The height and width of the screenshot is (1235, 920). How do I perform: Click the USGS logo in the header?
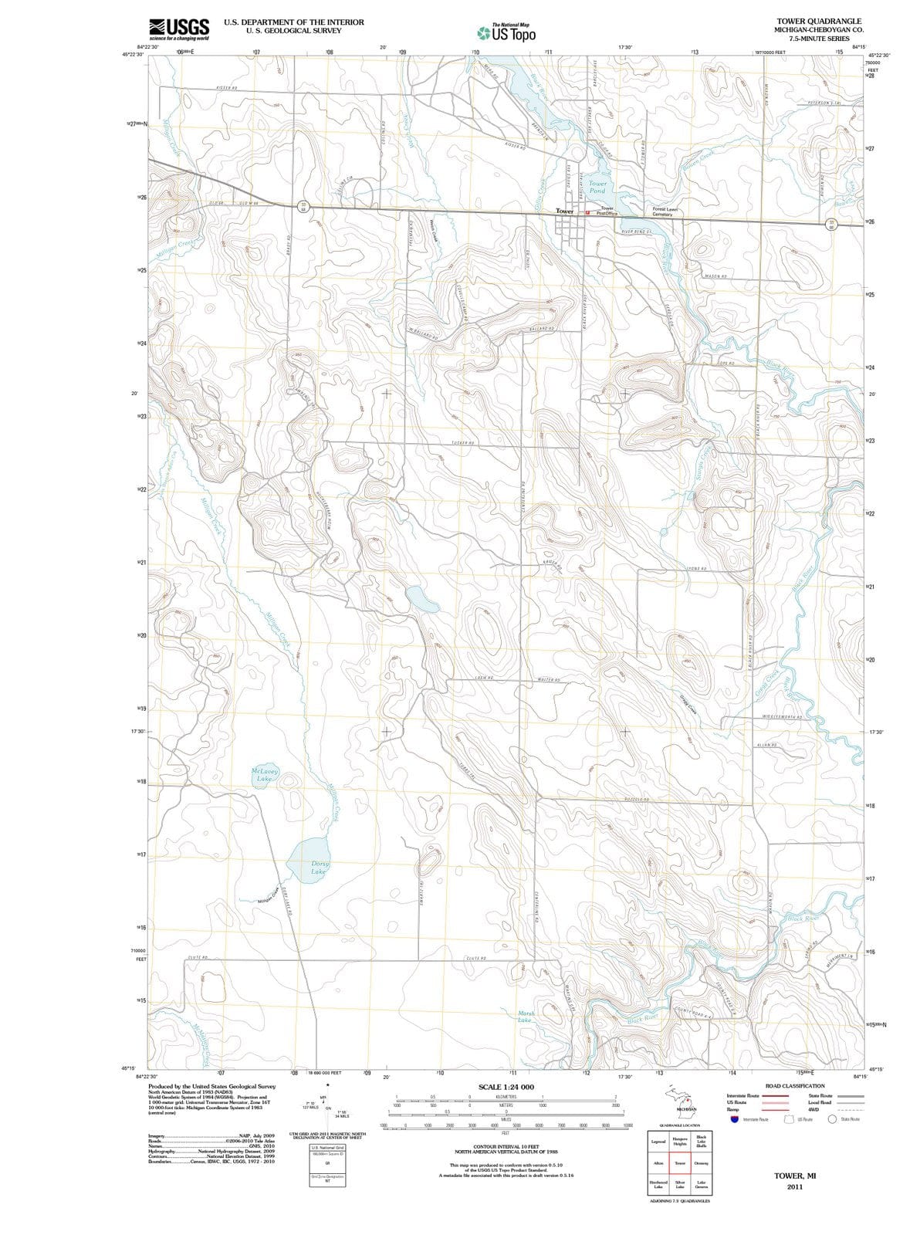(179, 29)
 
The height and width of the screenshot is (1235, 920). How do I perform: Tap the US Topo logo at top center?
(506, 32)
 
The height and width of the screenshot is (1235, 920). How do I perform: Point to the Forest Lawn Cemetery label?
(666, 211)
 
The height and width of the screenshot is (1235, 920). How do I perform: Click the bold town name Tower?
(564, 211)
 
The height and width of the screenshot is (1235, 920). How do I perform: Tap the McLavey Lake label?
(264, 775)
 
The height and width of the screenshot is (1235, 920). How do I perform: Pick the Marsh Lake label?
(526, 1017)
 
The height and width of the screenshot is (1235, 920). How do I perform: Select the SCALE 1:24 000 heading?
(506, 1087)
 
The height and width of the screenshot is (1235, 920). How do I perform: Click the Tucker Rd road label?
(462, 444)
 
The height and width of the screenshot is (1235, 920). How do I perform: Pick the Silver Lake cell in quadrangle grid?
(680, 1186)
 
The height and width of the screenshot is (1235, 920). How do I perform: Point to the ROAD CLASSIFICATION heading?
(795, 1086)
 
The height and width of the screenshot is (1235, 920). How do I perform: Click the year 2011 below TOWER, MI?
(795, 1187)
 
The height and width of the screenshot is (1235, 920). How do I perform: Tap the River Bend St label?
(638, 231)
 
